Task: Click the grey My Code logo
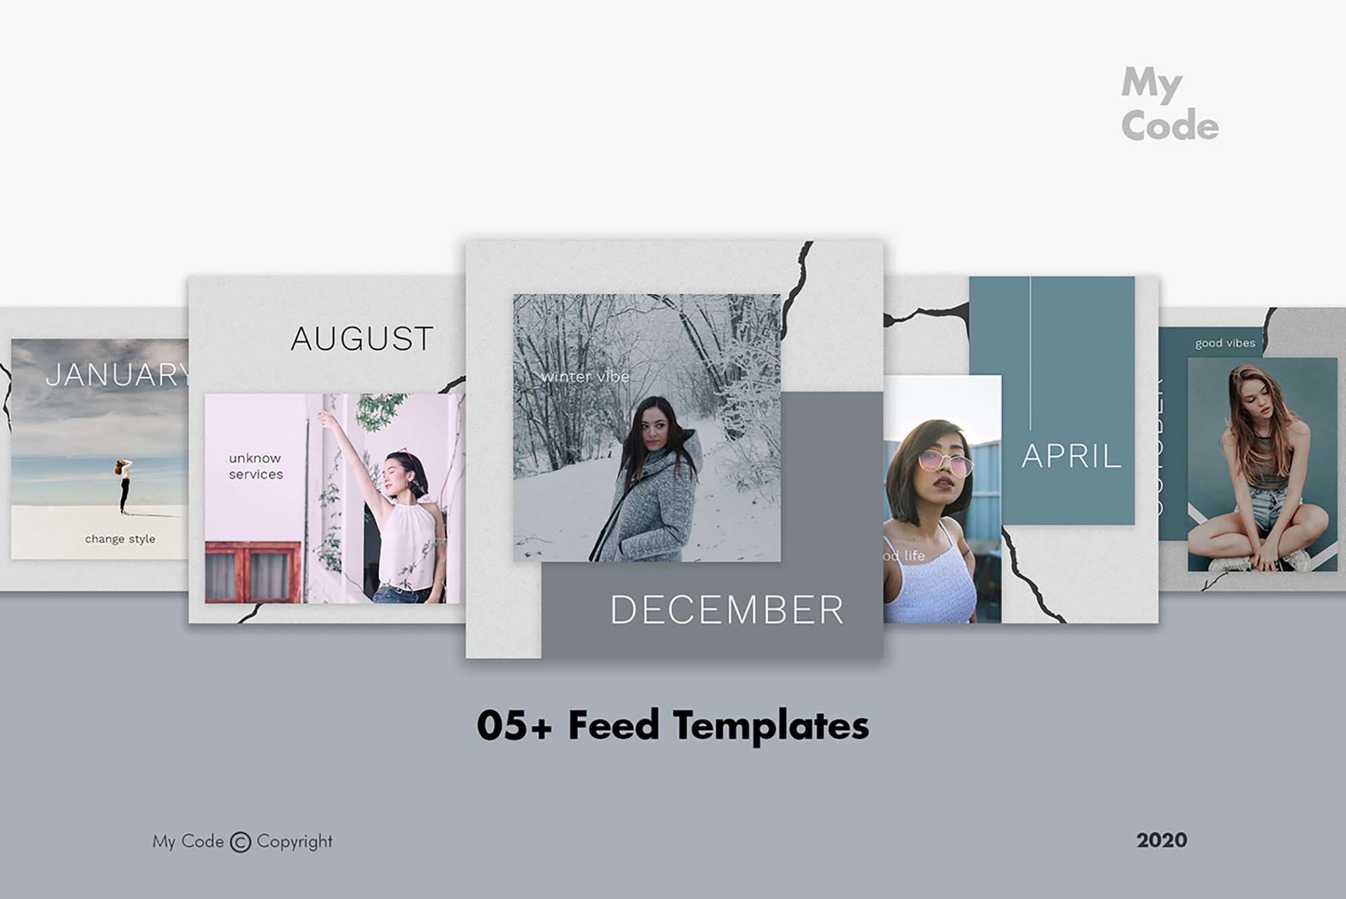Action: coord(1169,105)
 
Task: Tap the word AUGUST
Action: coord(362,338)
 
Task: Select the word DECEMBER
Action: coord(726,610)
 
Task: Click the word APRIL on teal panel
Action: coord(1071,457)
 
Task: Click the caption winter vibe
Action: coord(585,377)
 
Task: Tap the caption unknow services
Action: coord(256,466)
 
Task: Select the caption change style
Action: coord(120,539)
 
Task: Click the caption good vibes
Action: coord(1225,343)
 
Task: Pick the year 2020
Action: coord(1162,840)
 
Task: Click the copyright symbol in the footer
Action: coord(240,842)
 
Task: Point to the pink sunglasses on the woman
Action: coord(945,462)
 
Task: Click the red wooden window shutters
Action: coord(253,572)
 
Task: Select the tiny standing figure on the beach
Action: coord(123,485)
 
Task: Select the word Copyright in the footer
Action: coord(294,842)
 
